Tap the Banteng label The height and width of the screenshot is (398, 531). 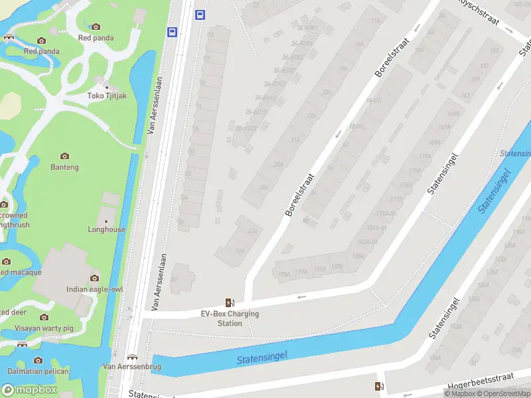(x=64, y=167)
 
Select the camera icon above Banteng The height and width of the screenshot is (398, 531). (x=64, y=156)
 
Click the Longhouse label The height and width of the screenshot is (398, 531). (x=106, y=230)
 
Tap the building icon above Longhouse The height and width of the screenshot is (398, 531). (x=106, y=219)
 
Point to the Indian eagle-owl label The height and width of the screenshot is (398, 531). (x=95, y=289)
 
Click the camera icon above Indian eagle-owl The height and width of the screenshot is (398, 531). (x=95, y=278)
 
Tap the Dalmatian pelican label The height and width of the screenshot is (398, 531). (x=38, y=371)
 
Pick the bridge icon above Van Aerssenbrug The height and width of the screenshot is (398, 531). (x=131, y=356)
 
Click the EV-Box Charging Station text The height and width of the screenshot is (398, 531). (x=230, y=318)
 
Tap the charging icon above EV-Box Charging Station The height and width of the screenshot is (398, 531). (x=230, y=302)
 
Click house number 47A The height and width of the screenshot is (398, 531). (x=252, y=232)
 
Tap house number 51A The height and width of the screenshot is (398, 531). (x=240, y=251)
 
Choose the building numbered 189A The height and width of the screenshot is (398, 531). (x=283, y=273)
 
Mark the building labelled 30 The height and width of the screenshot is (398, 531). (x=174, y=280)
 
